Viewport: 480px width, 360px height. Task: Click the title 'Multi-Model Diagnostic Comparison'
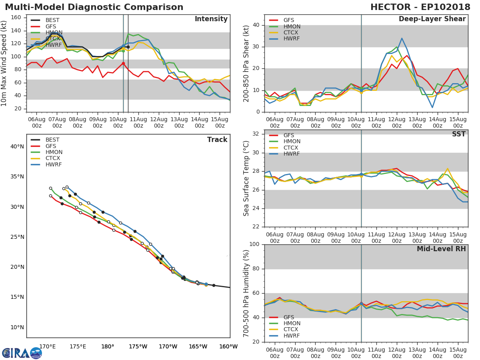point(94,7)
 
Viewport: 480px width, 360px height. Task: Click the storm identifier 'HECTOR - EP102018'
point(420,7)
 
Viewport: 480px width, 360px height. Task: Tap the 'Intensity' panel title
point(211,19)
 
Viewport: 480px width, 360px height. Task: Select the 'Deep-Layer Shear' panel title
point(432,19)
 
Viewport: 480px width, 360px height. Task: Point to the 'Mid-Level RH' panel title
point(441,249)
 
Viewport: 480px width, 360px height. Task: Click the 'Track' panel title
point(217,140)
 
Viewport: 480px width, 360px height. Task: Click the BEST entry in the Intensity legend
point(52,20)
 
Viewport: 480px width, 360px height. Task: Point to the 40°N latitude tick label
point(17,147)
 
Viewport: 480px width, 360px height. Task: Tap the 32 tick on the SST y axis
point(256,134)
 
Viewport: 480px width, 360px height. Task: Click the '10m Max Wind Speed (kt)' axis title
point(4,64)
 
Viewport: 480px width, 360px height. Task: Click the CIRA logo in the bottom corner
point(22,353)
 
